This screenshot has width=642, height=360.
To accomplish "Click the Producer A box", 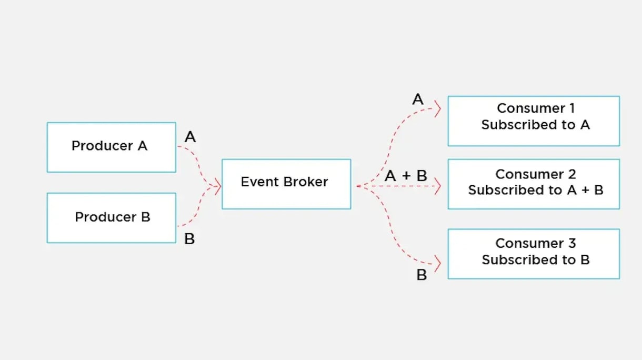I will point(111,147).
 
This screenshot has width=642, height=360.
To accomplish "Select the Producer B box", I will point(111,218).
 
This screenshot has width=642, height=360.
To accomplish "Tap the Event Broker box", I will point(286,184).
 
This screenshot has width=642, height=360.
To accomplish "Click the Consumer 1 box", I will point(534,121).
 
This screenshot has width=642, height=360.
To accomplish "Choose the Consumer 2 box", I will point(534,184).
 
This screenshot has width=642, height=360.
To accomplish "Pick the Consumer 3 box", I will point(534,254).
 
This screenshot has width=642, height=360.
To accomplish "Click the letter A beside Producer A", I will point(190,137).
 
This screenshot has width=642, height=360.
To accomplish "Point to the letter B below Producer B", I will point(189,239).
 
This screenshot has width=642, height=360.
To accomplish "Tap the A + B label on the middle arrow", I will point(406,176).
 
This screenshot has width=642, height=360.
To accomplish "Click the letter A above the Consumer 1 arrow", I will point(418,99).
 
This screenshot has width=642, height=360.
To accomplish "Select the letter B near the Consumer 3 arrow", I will point(422,275).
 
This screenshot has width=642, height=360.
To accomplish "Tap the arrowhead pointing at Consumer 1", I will point(438,109).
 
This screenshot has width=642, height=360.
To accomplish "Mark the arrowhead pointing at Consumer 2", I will point(437,186).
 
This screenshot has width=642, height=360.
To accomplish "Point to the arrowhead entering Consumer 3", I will point(437,262).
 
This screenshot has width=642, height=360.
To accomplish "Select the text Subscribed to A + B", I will point(535,191).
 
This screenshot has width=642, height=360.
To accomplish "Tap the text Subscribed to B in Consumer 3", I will point(535,260).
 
